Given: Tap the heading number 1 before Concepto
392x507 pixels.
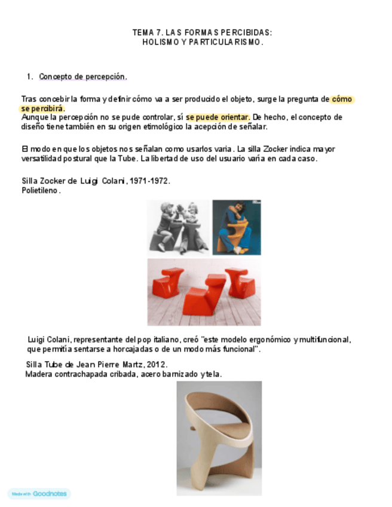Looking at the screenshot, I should pos(29,77).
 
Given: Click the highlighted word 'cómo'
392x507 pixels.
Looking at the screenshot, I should pos(342,99).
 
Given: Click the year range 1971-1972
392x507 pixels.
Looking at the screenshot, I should pos(149,181).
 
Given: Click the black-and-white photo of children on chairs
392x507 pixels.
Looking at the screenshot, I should pos(179,227).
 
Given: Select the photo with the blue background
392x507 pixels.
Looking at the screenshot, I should pos(237,227).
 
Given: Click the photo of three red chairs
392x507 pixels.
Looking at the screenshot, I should pos(204,292).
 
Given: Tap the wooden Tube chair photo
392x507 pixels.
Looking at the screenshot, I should pos(219,438).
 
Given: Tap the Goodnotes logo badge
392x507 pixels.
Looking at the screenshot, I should pos(39,494).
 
